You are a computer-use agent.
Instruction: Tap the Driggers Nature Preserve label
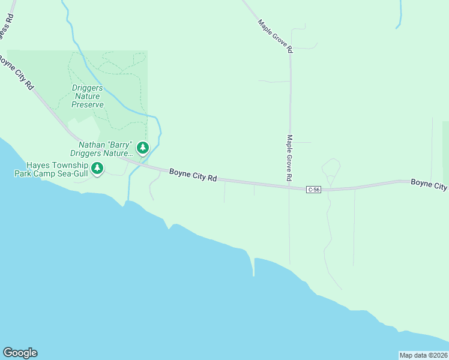click(x=88, y=96)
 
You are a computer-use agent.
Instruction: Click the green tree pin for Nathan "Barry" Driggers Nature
click(x=142, y=147)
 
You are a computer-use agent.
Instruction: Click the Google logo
click(x=20, y=353)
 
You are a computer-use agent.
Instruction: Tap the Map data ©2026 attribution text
click(x=423, y=355)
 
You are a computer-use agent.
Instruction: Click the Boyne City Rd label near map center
click(x=193, y=175)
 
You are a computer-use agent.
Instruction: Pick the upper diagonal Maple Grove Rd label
click(x=275, y=36)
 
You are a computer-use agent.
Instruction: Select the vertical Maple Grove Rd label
click(x=289, y=158)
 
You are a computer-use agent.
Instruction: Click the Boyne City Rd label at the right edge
click(x=429, y=184)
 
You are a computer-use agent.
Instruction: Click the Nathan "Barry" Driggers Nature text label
click(x=105, y=149)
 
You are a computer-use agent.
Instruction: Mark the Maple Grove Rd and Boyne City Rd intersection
click(x=290, y=188)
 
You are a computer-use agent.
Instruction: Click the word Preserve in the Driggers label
click(x=88, y=104)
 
